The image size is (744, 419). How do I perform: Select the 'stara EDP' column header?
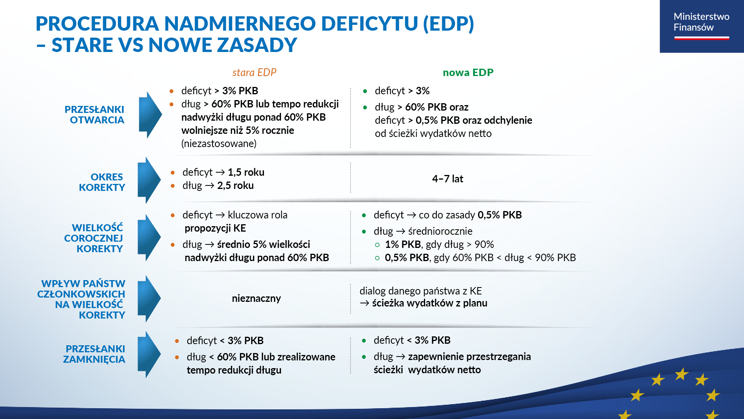254,73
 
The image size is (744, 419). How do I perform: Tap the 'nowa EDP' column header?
468,73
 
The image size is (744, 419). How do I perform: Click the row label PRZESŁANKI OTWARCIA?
95,115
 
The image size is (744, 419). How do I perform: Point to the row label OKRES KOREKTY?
102,182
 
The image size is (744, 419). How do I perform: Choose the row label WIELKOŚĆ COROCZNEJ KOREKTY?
94,238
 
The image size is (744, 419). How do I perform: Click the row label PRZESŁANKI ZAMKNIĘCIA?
95,354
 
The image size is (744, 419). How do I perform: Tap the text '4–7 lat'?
448,179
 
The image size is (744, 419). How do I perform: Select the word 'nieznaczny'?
256,298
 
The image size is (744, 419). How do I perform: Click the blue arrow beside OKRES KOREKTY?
149,180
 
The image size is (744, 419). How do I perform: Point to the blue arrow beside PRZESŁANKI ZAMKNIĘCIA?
149,354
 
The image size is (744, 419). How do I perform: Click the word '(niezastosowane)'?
219,144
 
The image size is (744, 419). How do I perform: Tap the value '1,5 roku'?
246,172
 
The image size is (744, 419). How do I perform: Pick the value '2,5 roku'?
235,185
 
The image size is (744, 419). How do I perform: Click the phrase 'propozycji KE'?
215,228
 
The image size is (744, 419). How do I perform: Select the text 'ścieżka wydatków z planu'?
429,303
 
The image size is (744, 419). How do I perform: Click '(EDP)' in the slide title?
448,23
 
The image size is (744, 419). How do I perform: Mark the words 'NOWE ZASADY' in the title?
223,45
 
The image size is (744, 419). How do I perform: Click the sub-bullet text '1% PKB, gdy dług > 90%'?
439,244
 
